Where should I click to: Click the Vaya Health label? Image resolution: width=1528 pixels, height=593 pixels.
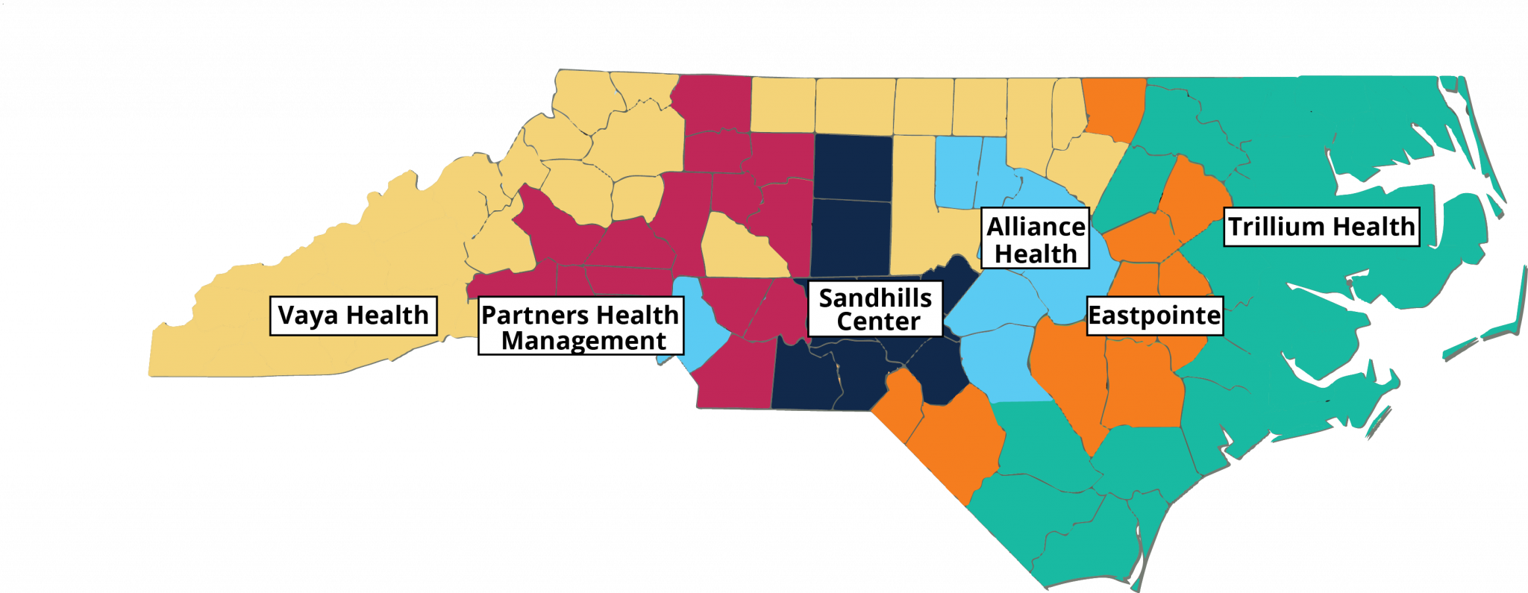tap(353, 316)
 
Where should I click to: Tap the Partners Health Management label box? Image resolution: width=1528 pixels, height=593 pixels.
tap(580, 327)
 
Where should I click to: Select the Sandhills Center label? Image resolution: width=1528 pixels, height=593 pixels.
tap(875, 309)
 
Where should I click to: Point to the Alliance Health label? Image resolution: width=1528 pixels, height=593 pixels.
tap(1036, 239)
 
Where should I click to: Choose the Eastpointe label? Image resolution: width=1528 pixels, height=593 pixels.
tap(1154, 316)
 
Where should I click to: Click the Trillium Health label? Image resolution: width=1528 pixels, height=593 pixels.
tap(1321, 226)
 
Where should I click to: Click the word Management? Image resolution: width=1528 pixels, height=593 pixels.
tap(583, 341)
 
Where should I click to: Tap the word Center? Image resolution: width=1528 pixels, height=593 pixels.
tap(878, 322)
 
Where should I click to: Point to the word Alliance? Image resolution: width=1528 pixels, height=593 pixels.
tap(1036, 226)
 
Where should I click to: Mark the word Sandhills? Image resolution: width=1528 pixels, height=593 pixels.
tap(875, 298)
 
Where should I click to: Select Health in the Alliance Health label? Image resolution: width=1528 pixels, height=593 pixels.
tap(1036, 254)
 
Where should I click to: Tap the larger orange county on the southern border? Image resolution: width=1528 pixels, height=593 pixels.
tap(959, 440)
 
